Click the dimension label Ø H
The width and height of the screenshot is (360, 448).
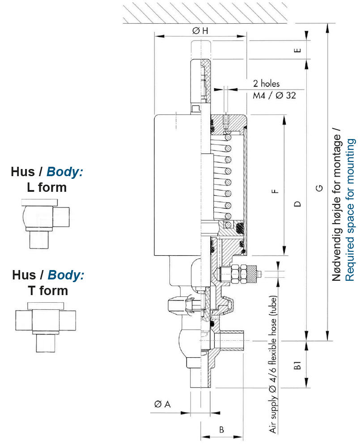pos(200,31)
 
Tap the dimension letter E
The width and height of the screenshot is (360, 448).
pos(297,50)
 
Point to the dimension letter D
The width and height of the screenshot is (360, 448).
pos(297,204)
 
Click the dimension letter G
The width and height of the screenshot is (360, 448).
pos(319,188)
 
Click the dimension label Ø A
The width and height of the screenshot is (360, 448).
pos(162,405)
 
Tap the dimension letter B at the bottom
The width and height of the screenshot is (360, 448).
pos(221,430)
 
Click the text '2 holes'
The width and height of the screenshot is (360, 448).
pos(266,84)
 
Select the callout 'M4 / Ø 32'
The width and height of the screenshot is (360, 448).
pos(274,95)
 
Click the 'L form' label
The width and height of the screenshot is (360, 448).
pos(47,187)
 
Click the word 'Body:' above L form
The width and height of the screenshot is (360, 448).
pos(65,172)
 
